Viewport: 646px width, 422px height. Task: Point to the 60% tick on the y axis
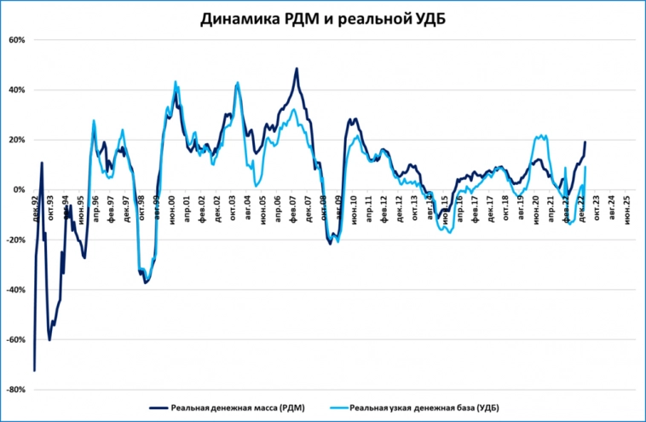coord(19,40)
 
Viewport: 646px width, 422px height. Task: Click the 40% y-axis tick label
coord(19,90)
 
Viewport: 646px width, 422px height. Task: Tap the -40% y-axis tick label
coord(17,290)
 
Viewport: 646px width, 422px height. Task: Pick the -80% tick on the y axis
coord(17,390)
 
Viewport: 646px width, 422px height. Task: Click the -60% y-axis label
coord(17,340)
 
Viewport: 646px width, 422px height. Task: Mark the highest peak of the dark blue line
coord(297,68)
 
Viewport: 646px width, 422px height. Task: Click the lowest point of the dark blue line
coord(34,370)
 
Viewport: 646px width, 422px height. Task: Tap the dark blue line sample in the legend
coord(159,408)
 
